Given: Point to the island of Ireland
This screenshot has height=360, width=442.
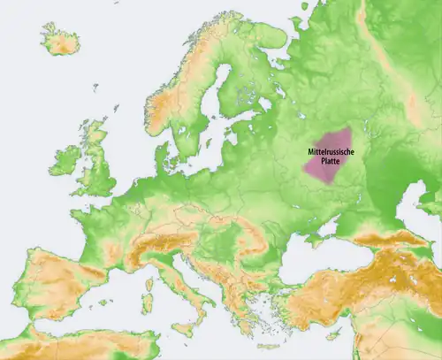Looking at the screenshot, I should click(65, 161).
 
